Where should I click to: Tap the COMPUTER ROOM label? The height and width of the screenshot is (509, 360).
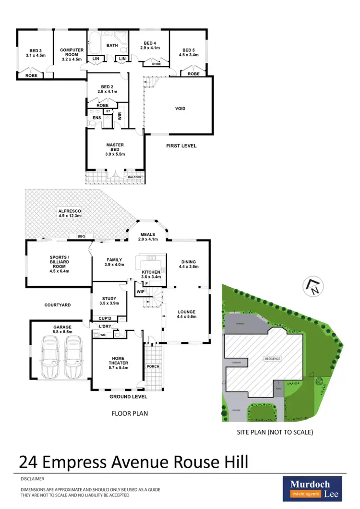point(72,53)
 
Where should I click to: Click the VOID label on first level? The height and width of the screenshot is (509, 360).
point(180,109)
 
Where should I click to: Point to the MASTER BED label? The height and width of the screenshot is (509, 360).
point(115,149)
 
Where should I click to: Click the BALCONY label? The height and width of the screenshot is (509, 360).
point(135,177)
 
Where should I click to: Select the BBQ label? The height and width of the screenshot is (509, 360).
point(80,236)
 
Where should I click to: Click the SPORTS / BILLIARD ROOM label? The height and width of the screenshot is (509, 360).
point(60,264)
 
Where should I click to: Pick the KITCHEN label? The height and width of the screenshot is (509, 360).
point(151,274)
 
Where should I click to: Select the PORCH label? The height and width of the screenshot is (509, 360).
point(154,366)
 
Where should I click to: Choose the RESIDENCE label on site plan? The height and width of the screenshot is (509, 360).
point(272,358)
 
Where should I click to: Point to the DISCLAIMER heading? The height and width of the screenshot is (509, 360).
point(33,479)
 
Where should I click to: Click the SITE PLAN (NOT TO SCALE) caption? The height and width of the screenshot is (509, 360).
point(275,432)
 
